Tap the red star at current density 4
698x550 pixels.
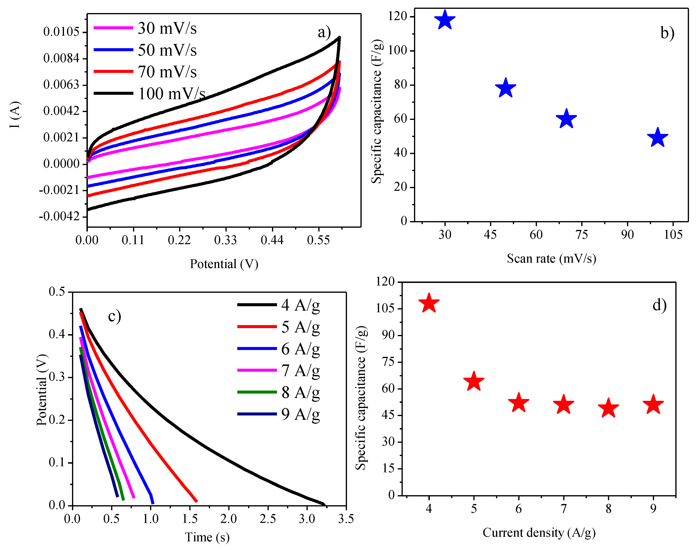click(x=429, y=303)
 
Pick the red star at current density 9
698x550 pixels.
click(x=653, y=405)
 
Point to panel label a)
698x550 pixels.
click(x=324, y=32)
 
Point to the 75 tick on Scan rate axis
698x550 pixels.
click(x=581, y=234)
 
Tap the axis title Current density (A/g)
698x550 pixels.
click(x=539, y=533)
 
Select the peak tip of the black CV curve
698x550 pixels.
click(x=339, y=37)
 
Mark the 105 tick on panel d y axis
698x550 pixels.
click(x=385, y=308)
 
